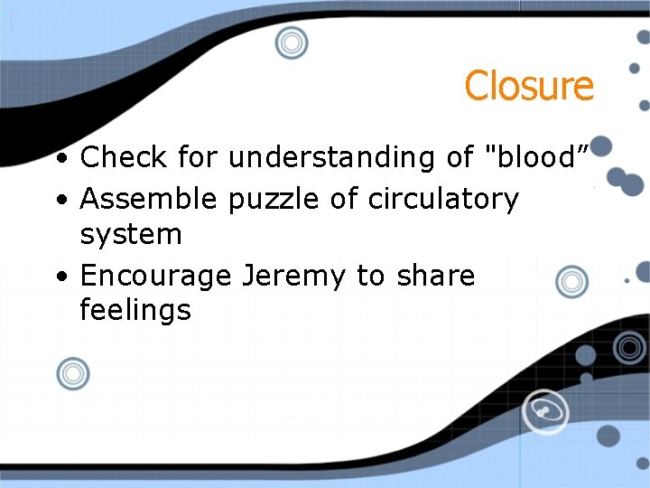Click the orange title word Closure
click(x=529, y=86)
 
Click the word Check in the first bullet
click(x=124, y=157)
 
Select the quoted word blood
click(x=536, y=157)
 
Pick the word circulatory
click(x=443, y=199)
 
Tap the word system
click(x=131, y=235)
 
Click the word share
click(x=435, y=275)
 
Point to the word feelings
click(x=135, y=312)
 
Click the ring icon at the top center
click(x=291, y=42)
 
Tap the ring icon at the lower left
click(x=72, y=373)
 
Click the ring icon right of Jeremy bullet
click(x=571, y=282)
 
